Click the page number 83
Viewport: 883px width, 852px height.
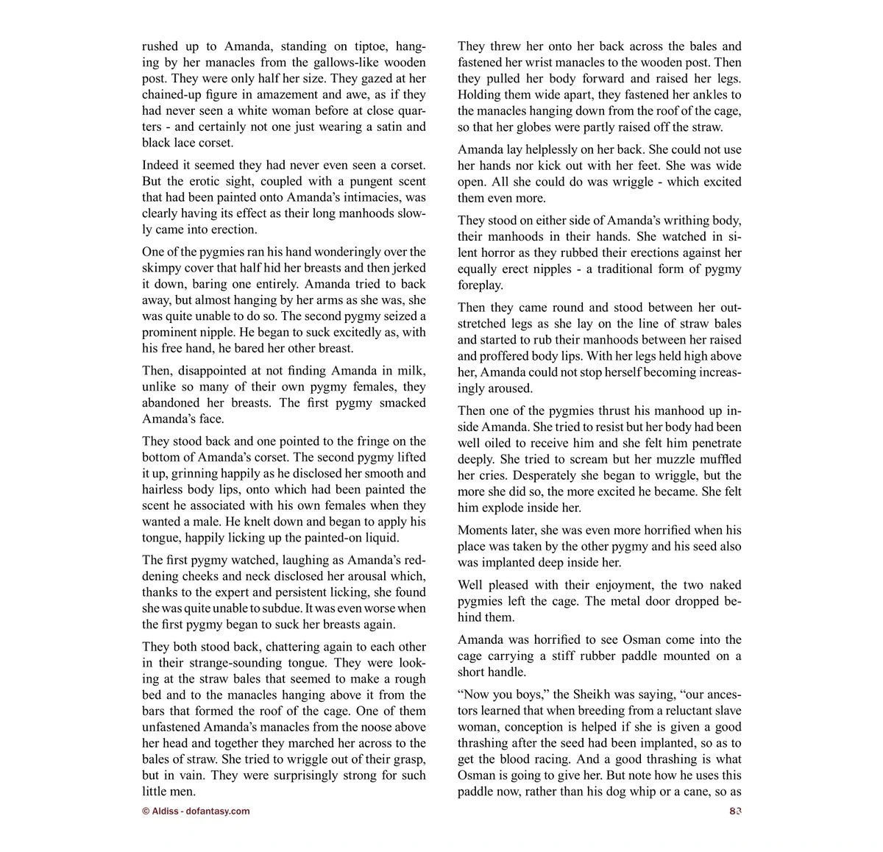pyautogui.click(x=734, y=811)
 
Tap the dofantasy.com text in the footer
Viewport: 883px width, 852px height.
pyautogui.click(x=218, y=811)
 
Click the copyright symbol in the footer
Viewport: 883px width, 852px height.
pyautogui.click(x=146, y=811)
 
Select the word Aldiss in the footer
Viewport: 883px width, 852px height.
pyautogui.click(x=164, y=811)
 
